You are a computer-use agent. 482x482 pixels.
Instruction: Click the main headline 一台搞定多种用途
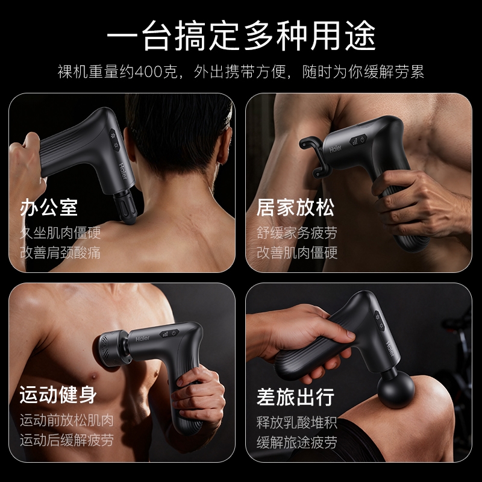241,36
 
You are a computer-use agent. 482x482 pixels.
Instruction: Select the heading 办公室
49,207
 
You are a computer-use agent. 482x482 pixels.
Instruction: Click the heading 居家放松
295,207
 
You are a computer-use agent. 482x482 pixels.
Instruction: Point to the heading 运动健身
58,395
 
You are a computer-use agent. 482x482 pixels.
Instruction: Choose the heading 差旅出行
295,397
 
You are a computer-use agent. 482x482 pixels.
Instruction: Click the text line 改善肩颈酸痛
60,252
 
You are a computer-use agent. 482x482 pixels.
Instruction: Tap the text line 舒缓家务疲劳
297,233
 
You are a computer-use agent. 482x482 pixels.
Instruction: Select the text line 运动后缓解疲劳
67,440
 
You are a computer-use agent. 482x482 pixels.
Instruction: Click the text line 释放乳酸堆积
297,423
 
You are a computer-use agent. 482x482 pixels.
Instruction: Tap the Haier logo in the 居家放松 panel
336,149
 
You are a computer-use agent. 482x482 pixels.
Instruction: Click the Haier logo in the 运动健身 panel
142,339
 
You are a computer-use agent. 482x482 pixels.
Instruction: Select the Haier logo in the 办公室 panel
123,171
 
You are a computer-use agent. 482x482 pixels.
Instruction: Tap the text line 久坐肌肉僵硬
60,233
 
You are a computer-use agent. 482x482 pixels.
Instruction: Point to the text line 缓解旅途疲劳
297,442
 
